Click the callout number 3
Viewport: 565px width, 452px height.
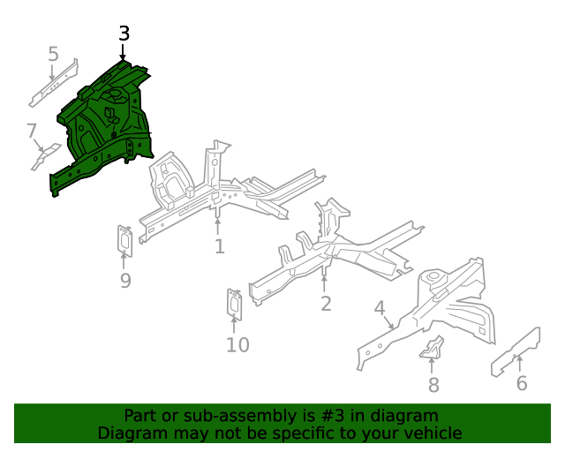(124, 34)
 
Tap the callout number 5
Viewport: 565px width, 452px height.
(53, 55)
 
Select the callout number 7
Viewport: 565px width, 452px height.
(32, 132)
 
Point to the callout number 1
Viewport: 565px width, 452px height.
(219, 247)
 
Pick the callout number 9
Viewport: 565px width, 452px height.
(125, 281)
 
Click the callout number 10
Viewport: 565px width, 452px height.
(237, 345)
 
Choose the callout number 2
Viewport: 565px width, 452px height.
(326, 304)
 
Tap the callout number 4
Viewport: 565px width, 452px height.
(380, 308)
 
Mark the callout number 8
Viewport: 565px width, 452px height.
(433, 385)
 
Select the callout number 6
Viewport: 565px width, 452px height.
(522, 383)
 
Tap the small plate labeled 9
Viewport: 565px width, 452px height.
(125, 241)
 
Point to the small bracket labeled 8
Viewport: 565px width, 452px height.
(432, 348)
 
